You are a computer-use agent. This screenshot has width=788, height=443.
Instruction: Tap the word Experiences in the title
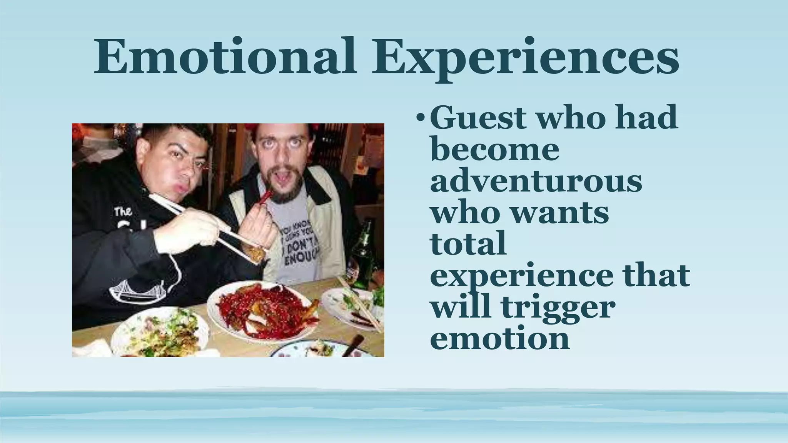525,58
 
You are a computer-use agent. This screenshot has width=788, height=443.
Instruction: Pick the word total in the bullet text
467,244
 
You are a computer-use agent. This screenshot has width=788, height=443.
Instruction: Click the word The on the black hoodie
123,211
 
